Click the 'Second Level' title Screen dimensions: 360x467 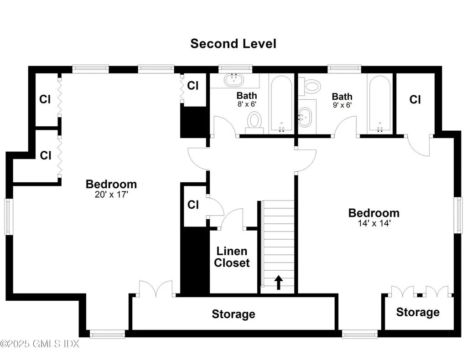click(233, 44)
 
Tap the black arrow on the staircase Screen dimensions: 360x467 click(278, 282)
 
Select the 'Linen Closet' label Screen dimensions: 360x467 click(232, 257)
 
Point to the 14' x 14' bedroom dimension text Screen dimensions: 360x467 click(374, 224)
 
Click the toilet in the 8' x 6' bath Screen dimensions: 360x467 click(254, 121)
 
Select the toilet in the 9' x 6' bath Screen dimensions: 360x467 click(313, 86)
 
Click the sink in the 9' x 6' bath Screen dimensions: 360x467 click(305, 118)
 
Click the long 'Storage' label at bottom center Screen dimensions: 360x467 click(233, 314)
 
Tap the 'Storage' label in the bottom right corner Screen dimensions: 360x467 click(418, 312)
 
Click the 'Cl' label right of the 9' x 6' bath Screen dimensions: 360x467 click(415, 99)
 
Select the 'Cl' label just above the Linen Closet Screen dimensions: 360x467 click(193, 205)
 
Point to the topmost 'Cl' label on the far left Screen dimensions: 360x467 click(45, 99)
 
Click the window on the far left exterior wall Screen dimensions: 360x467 click(7, 216)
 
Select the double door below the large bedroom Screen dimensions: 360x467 click(156, 289)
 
